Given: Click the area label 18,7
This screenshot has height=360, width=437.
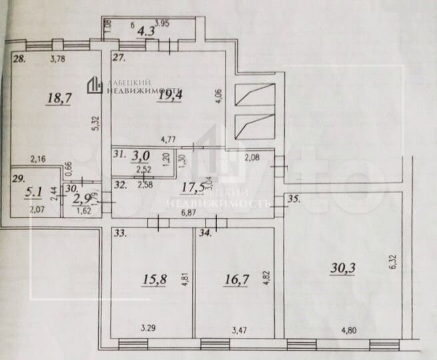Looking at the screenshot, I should point(59,99).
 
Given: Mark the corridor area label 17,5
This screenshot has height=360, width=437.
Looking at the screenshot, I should point(192,187).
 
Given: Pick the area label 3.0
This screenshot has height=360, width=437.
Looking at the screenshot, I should point(141,157).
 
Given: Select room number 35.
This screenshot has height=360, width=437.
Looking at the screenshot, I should point(293,198).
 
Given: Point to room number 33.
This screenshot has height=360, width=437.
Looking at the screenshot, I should point(120,233).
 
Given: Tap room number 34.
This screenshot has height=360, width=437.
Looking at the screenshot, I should point(204,233).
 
